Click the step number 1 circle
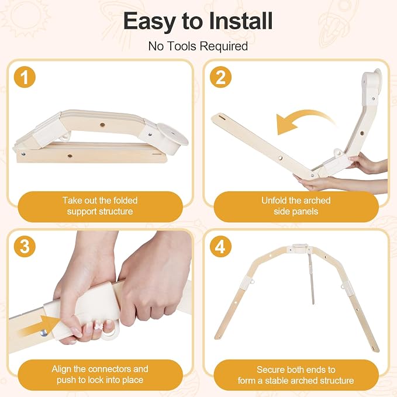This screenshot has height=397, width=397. coord(25,77)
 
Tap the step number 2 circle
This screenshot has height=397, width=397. coord(220,77)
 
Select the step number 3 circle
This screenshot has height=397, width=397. coord(25,246)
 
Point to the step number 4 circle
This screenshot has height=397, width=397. coord(220,246)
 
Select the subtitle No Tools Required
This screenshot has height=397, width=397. coord(198,46)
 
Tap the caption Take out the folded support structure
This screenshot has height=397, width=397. coord(100,206)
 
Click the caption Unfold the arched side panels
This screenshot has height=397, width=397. coord(296,206)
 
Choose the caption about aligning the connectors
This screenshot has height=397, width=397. coord(100,374)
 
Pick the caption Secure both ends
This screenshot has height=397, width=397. coord(296,375)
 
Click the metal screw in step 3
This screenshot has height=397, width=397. coord(43,333)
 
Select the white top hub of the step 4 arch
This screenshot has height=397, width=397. coord(300,248)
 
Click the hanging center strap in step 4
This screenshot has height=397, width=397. coord(311,278)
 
